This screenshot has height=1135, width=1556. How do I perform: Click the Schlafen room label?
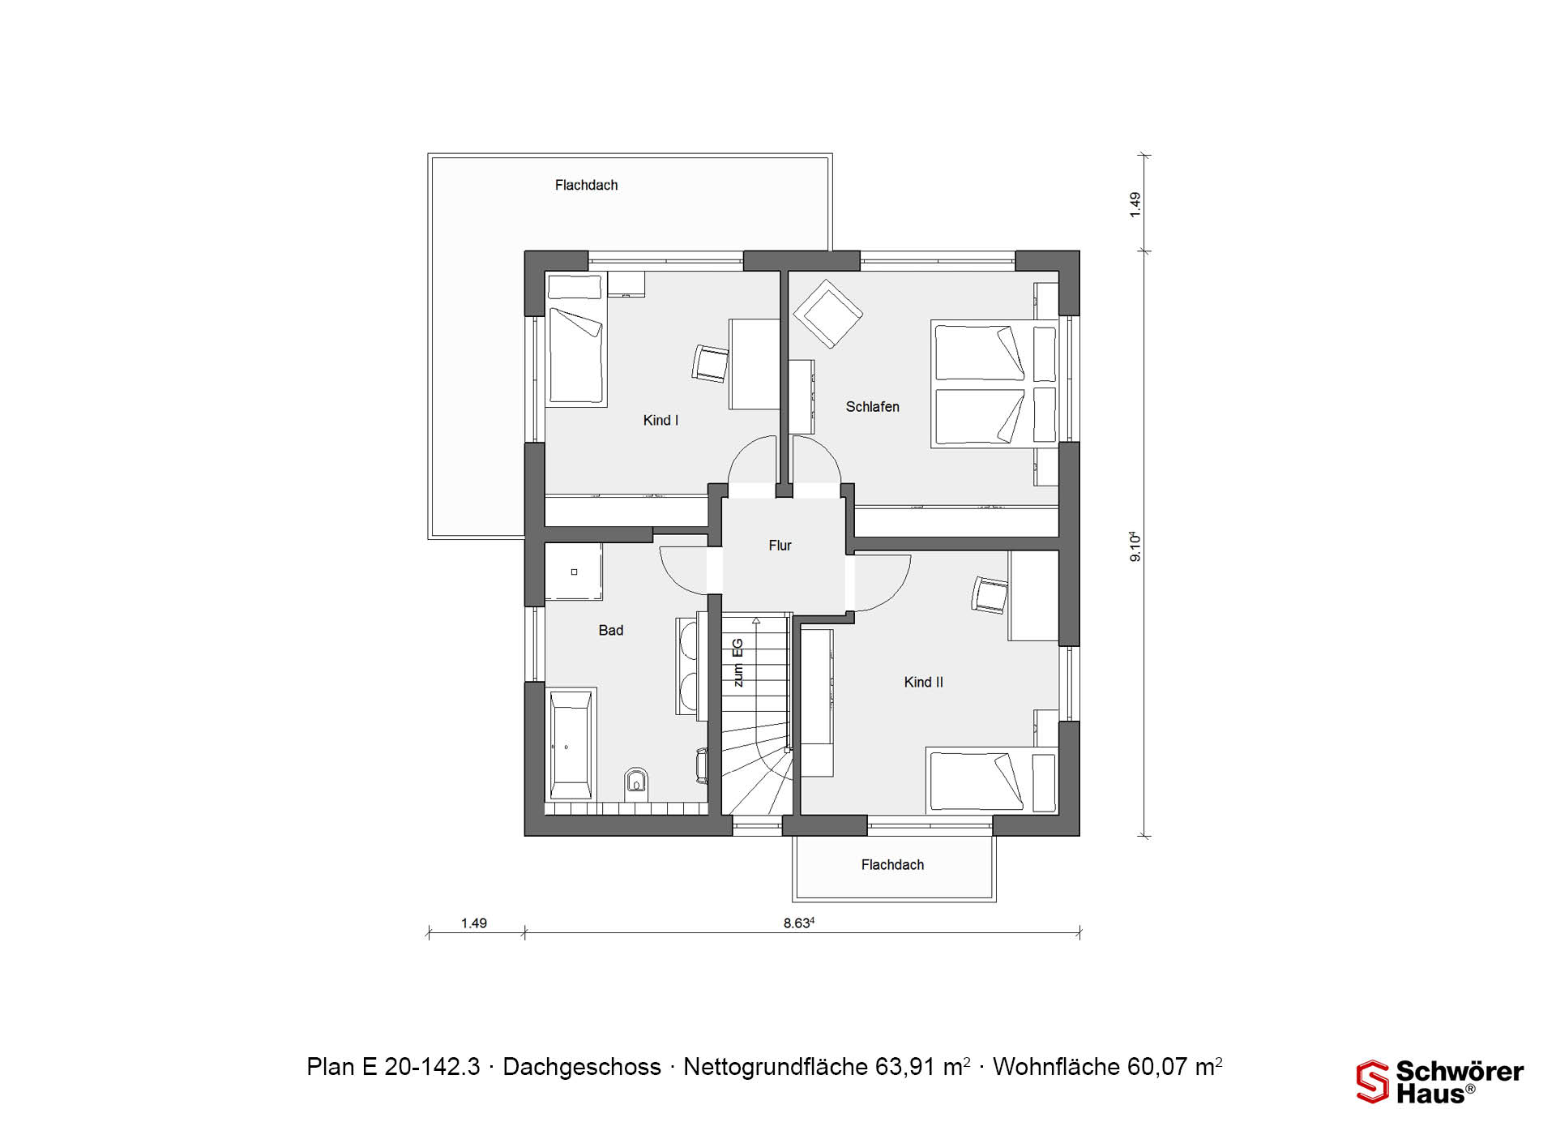point(872,407)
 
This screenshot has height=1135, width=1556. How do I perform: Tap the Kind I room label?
point(660,420)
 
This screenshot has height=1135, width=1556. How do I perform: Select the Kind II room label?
point(923,683)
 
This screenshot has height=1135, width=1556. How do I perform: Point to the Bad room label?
point(611,631)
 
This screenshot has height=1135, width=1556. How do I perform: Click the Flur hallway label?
point(780,546)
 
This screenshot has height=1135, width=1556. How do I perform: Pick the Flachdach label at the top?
point(586,186)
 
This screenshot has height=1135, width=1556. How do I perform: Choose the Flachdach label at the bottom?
point(892,865)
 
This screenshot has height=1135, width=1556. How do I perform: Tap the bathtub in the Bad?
point(571,744)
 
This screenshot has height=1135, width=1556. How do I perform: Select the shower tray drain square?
point(574,572)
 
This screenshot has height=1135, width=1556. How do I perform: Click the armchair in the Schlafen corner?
point(828,313)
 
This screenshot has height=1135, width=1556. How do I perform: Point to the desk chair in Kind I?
point(711,363)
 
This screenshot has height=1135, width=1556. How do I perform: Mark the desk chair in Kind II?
point(990,595)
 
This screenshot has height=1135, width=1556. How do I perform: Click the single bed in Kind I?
point(577,340)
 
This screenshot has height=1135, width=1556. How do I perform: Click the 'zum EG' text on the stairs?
point(737,663)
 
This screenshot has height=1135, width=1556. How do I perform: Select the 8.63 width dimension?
point(798,923)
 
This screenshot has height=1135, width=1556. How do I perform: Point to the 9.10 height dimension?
point(1135,546)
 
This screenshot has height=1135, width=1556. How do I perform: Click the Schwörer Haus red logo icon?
point(1372,1081)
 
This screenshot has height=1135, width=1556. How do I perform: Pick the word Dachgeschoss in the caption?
point(582,1067)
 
